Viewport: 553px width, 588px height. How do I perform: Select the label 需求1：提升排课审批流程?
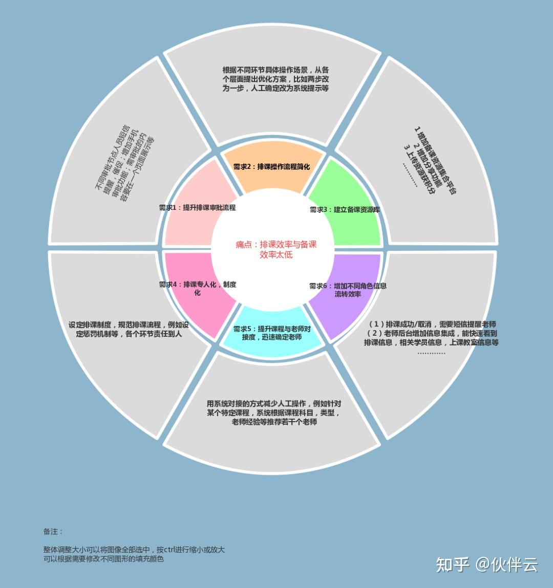click(197, 208)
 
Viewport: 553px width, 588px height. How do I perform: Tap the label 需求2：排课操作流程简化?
click(271, 167)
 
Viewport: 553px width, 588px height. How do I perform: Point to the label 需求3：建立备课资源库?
click(345, 209)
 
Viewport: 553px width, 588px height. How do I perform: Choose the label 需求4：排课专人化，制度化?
click(197, 289)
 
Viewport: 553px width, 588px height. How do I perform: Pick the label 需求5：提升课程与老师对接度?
click(272, 333)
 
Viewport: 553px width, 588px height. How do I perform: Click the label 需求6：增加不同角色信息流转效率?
click(348, 290)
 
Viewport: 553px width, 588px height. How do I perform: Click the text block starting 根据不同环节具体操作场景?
click(275, 79)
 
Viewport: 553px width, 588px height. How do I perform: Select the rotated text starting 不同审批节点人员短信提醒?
click(123, 163)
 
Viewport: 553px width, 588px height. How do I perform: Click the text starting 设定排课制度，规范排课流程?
click(129, 329)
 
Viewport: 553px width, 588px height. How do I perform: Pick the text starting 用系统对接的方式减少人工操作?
click(274, 412)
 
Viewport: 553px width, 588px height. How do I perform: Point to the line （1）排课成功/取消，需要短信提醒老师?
click(432, 324)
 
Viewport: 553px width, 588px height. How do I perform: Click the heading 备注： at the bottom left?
click(53, 532)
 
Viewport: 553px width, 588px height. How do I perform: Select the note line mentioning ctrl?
click(134, 550)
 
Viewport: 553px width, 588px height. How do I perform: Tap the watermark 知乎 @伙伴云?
click(486, 565)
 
